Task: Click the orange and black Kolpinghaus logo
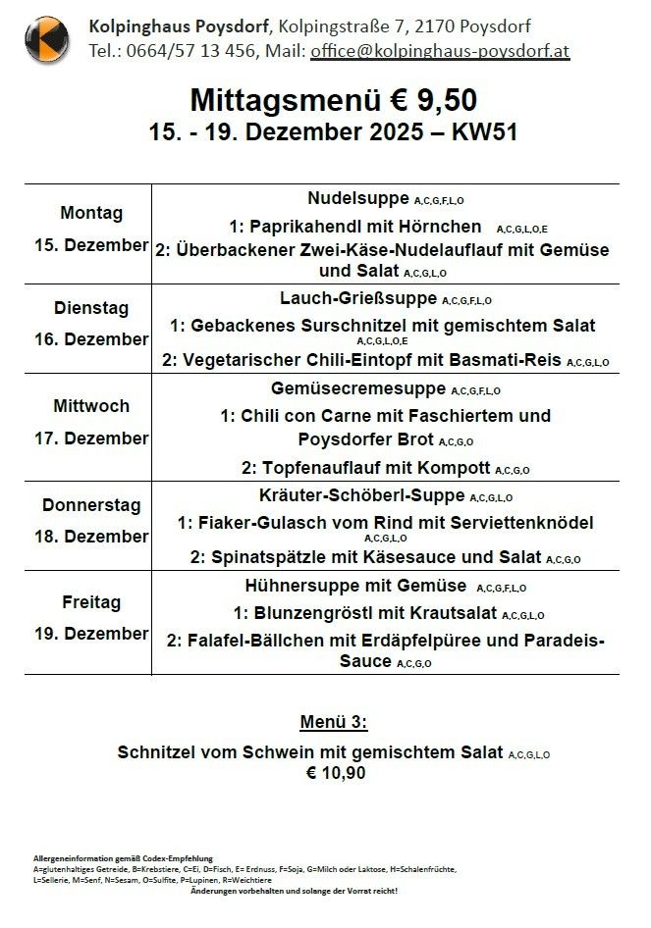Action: click(46, 39)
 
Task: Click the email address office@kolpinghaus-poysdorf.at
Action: click(440, 51)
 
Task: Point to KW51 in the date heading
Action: click(484, 131)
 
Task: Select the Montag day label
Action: click(91, 213)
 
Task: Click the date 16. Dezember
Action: click(91, 339)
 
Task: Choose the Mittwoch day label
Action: click(91, 405)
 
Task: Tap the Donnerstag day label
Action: click(91, 505)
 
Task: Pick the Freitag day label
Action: click(91, 600)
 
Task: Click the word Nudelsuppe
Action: click(358, 197)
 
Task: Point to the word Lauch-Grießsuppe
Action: click(358, 298)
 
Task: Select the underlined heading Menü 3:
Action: click(334, 723)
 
